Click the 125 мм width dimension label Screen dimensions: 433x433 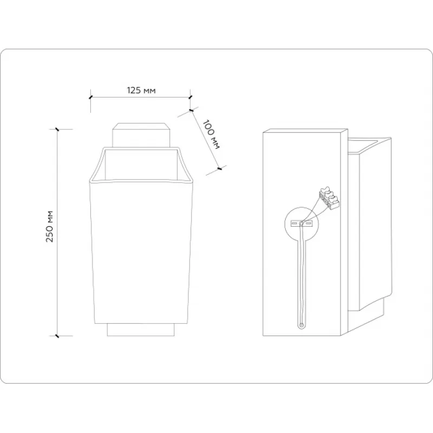[141, 90]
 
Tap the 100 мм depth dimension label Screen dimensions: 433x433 [211, 134]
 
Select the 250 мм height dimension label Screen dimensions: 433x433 [49, 226]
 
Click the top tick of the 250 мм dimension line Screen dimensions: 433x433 [57, 129]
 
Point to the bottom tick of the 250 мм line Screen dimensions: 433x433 [57, 336]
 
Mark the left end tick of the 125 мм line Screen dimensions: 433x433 [90, 97]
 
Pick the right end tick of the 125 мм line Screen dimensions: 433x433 [190, 97]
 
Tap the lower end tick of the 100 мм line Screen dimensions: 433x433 [220, 168]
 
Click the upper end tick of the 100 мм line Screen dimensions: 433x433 [191, 110]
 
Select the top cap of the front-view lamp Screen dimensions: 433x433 [141, 135]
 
